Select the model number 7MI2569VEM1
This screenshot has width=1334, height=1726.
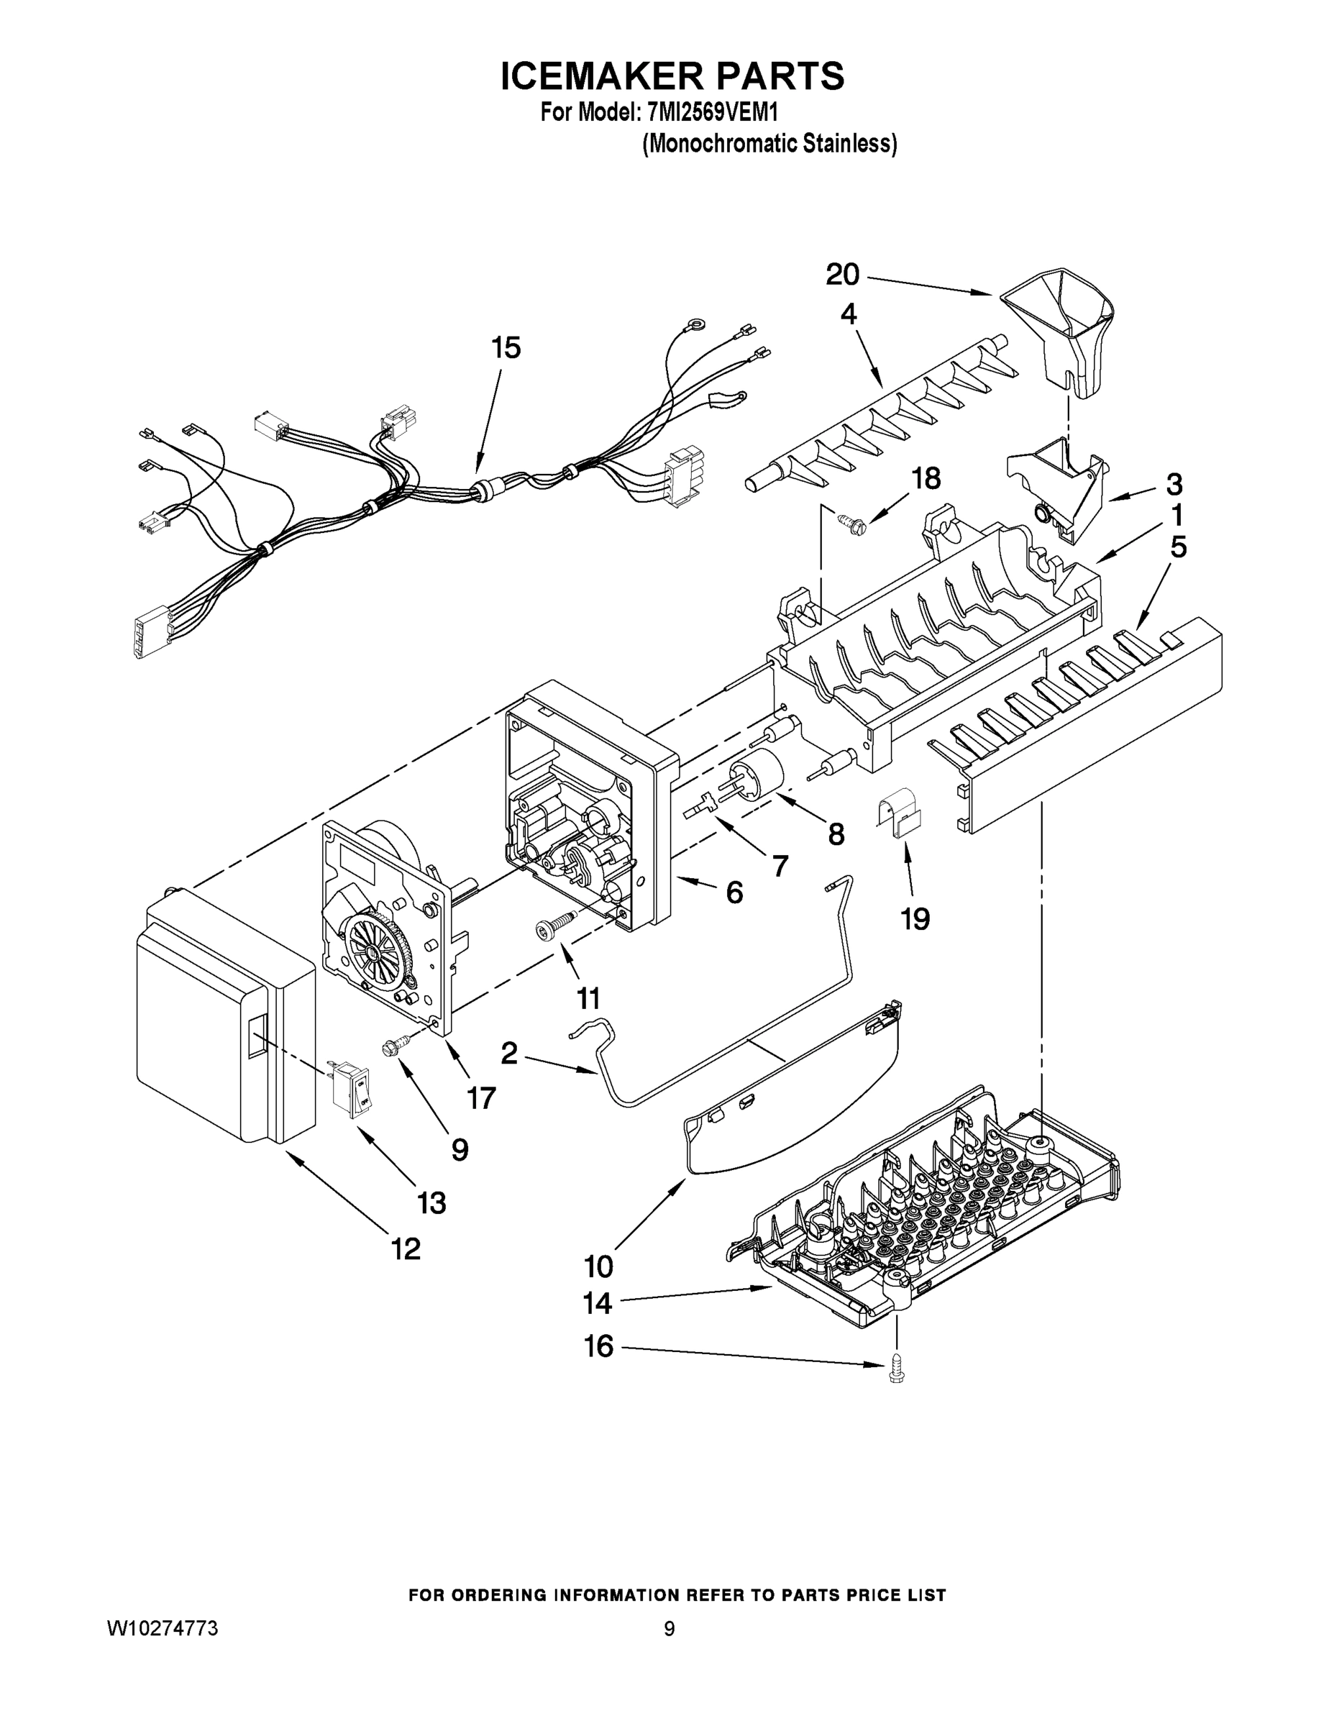(713, 113)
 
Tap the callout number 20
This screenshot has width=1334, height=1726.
(842, 275)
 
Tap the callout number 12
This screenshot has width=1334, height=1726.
(406, 1248)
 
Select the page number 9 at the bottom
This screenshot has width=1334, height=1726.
(669, 1628)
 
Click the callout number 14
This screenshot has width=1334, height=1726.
(598, 1303)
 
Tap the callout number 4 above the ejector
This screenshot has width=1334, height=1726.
(848, 314)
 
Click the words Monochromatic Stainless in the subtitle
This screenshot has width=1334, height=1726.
(769, 144)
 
